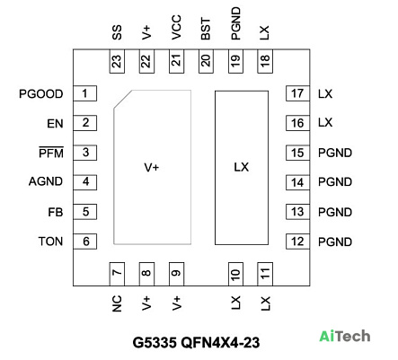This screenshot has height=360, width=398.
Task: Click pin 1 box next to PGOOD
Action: click(x=85, y=93)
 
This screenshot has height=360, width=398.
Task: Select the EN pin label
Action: click(x=55, y=124)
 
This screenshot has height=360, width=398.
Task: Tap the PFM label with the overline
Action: click(x=51, y=153)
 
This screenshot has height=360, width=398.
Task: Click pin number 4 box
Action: click(x=85, y=182)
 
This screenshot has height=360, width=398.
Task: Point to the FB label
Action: click(x=56, y=212)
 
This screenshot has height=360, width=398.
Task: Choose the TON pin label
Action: click(x=50, y=241)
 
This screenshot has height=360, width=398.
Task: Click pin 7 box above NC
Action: click(x=117, y=274)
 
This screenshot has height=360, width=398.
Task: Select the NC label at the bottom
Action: click(x=117, y=303)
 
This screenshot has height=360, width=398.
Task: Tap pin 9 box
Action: click(x=176, y=274)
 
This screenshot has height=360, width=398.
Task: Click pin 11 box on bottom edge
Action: click(x=265, y=274)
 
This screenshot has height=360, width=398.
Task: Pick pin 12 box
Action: click(x=297, y=241)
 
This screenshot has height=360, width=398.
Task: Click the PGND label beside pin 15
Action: click(x=335, y=153)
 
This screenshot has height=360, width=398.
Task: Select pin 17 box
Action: click(x=297, y=93)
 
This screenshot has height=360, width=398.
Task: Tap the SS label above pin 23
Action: click(x=117, y=32)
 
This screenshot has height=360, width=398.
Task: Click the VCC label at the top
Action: click(x=176, y=27)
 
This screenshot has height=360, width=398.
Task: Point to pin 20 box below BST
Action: click(x=206, y=61)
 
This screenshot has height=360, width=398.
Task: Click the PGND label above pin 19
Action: click(x=235, y=23)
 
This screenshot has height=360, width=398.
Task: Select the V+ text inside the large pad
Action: click(x=152, y=168)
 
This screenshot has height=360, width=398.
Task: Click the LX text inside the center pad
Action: click(x=242, y=167)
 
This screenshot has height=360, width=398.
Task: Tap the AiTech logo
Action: click(x=345, y=336)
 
